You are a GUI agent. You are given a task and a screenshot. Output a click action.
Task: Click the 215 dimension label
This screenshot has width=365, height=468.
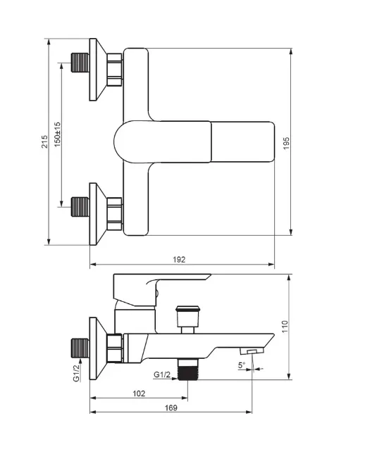click(44, 141)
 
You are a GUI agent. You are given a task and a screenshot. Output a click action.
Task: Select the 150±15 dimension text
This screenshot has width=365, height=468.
click(57, 134)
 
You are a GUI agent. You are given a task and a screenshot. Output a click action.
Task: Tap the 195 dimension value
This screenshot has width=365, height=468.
click(286, 144)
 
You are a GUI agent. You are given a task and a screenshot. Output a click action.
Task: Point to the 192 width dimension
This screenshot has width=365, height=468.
click(179, 260)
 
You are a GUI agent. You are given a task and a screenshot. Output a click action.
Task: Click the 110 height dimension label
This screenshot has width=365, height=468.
click(285, 327)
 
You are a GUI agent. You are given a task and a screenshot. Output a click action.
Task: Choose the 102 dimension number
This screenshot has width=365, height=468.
click(139, 393)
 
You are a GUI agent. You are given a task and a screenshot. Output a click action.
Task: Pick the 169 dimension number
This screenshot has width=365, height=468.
click(171, 407)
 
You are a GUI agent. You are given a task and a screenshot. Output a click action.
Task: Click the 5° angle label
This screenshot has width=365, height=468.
click(242, 365)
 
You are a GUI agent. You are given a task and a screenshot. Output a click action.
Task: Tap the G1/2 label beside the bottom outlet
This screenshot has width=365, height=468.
click(162, 374)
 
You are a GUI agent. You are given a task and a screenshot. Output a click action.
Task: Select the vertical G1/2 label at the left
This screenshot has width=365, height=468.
click(77, 373)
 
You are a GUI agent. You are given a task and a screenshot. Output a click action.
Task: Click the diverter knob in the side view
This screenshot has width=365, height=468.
click(187, 317)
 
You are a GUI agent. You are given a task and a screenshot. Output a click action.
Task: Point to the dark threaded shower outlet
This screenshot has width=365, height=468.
click(187, 369)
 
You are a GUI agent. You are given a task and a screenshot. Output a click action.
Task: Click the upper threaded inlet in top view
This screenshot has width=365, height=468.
click(80, 63)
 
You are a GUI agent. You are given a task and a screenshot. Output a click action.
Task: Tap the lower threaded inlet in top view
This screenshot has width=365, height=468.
click(80, 206)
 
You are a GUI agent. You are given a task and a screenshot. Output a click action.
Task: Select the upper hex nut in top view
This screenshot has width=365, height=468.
click(114, 70)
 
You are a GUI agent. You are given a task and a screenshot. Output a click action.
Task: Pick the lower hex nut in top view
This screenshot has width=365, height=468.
click(114, 214)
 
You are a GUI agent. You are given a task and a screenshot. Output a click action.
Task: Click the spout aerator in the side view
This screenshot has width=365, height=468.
click(252, 350)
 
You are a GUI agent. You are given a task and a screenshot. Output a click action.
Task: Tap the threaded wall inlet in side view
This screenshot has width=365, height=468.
click(80, 348)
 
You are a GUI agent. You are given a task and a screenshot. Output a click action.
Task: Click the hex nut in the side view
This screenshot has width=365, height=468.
click(115, 348)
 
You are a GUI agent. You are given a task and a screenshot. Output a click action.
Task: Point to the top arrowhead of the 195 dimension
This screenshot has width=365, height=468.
click(291, 52)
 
